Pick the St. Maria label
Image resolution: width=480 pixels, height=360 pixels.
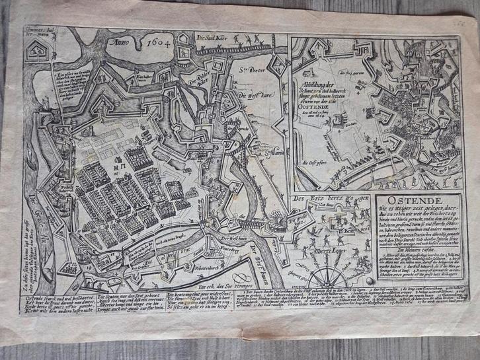[267, 156]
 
